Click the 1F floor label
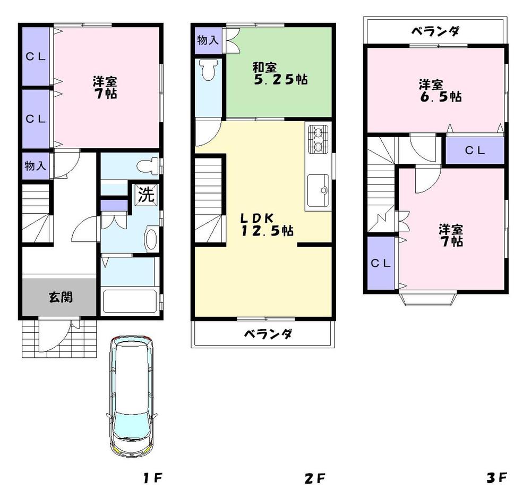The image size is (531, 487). pos(152,478)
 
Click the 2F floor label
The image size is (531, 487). pos(315,478)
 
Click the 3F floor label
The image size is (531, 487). pos(497,477)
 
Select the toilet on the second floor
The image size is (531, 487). pos(208,69)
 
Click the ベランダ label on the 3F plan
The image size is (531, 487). pos(435,31)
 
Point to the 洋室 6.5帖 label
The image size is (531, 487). pos(439,90)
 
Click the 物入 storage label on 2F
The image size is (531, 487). pos(207,40)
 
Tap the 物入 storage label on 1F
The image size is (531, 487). pos(35,165)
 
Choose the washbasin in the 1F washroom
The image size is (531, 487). pos(151,239)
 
